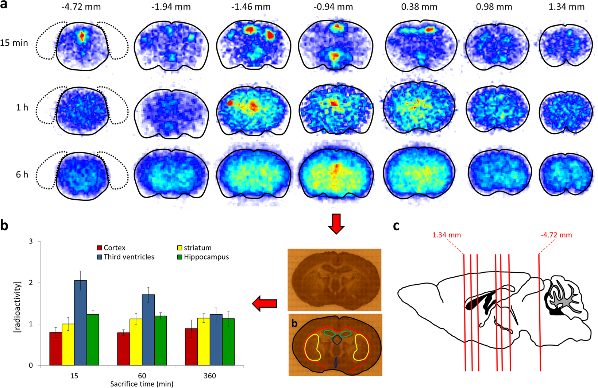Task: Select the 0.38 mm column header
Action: [x=419, y=7]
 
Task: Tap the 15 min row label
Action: [x=14, y=43]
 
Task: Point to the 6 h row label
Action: [x=22, y=174]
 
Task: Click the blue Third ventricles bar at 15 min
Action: [x=80, y=323]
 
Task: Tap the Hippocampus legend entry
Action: [x=202, y=257]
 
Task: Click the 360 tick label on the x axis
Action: [x=210, y=376]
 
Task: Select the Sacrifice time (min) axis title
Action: [x=142, y=384]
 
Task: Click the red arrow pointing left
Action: [x=265, y=304]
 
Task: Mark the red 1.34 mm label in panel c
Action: [x=446, y=235]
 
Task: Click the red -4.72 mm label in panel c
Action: [x=556, y=235]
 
